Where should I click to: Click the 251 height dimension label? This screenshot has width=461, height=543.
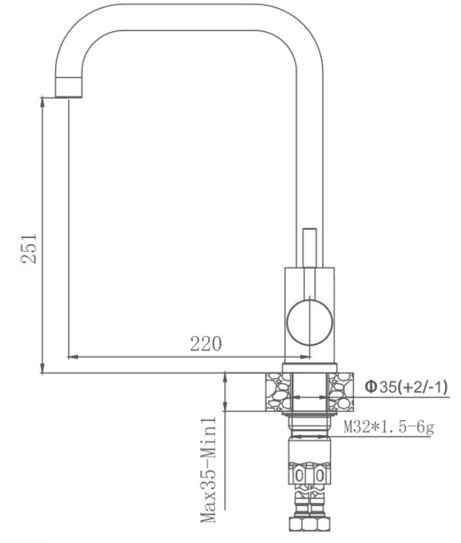click(x=29, y=249)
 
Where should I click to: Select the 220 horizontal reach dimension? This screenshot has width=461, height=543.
click(x=205, y=344)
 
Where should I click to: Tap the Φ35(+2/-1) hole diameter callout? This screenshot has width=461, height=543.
click(x=406, y=387)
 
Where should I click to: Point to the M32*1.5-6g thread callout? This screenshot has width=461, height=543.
click(x=389, y=427)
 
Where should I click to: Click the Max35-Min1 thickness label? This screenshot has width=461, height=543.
click(x=208, y=470)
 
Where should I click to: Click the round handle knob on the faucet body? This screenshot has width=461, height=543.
click(x=310, y=322)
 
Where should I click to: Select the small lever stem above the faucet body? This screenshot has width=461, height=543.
click(x=310, y=248)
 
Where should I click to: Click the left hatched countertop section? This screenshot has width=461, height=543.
click(x=278, y=392)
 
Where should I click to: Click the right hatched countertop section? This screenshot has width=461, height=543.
click(x=341, y=392)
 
